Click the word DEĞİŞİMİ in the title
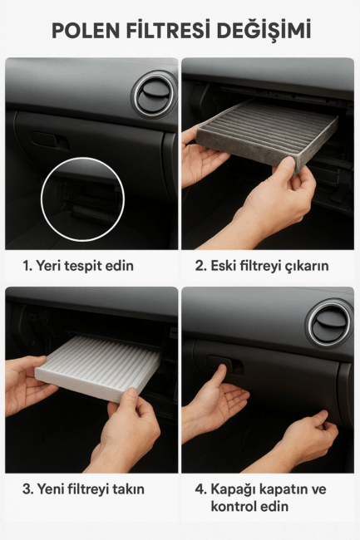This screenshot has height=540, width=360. click(264, 30)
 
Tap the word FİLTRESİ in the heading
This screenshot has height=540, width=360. click(169, 29)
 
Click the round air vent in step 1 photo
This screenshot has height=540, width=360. click(154, 95)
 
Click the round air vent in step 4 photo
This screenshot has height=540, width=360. click(330, 323)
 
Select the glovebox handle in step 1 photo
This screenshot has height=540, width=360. click(49, 140)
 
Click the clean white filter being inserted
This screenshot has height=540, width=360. click(98, 367)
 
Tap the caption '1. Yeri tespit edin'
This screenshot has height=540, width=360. click(78, 266)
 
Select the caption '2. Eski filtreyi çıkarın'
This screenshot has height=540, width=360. click(262, 266)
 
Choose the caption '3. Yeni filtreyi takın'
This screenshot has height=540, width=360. click(83, 489)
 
